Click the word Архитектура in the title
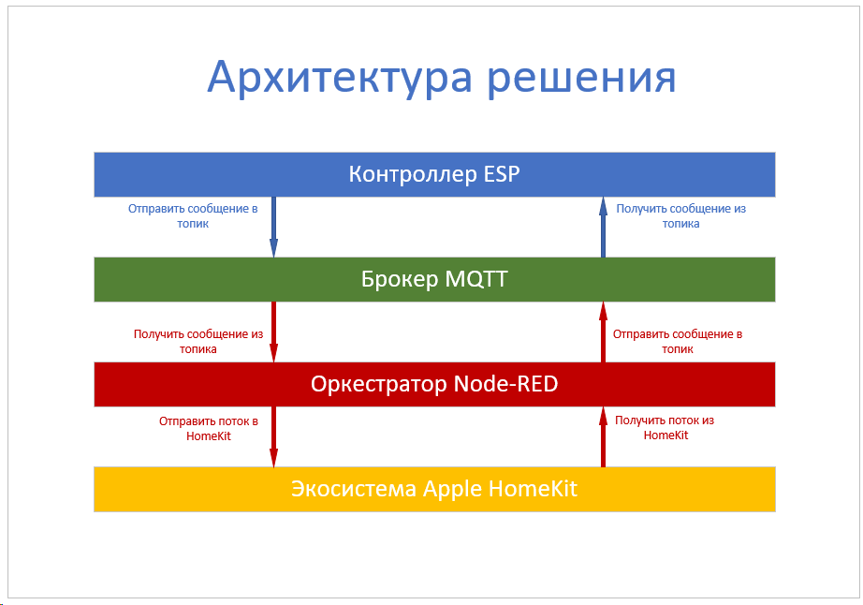click(340, 78)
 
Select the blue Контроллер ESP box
click(434, 174)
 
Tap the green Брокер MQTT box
click(434, 279)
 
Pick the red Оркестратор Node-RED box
click(434, 384)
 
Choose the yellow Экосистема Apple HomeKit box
click(434, 489)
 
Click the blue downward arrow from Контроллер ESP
click(273, 227)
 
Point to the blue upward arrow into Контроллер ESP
click(603, 227)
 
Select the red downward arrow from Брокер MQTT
click(273, 332)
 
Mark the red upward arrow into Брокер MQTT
click(603, 332)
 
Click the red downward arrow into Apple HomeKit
click(273, 436)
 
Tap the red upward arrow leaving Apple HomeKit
click(603, 436)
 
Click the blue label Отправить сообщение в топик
click(193, 215)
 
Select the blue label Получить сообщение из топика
click(680, 215)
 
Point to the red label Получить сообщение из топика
click(198, 341)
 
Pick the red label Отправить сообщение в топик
click(678, 341)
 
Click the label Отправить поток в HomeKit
click(209, 428)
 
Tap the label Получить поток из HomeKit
click(665, 428)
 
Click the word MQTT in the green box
click(476, 279)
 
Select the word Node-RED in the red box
click(505, 384)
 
